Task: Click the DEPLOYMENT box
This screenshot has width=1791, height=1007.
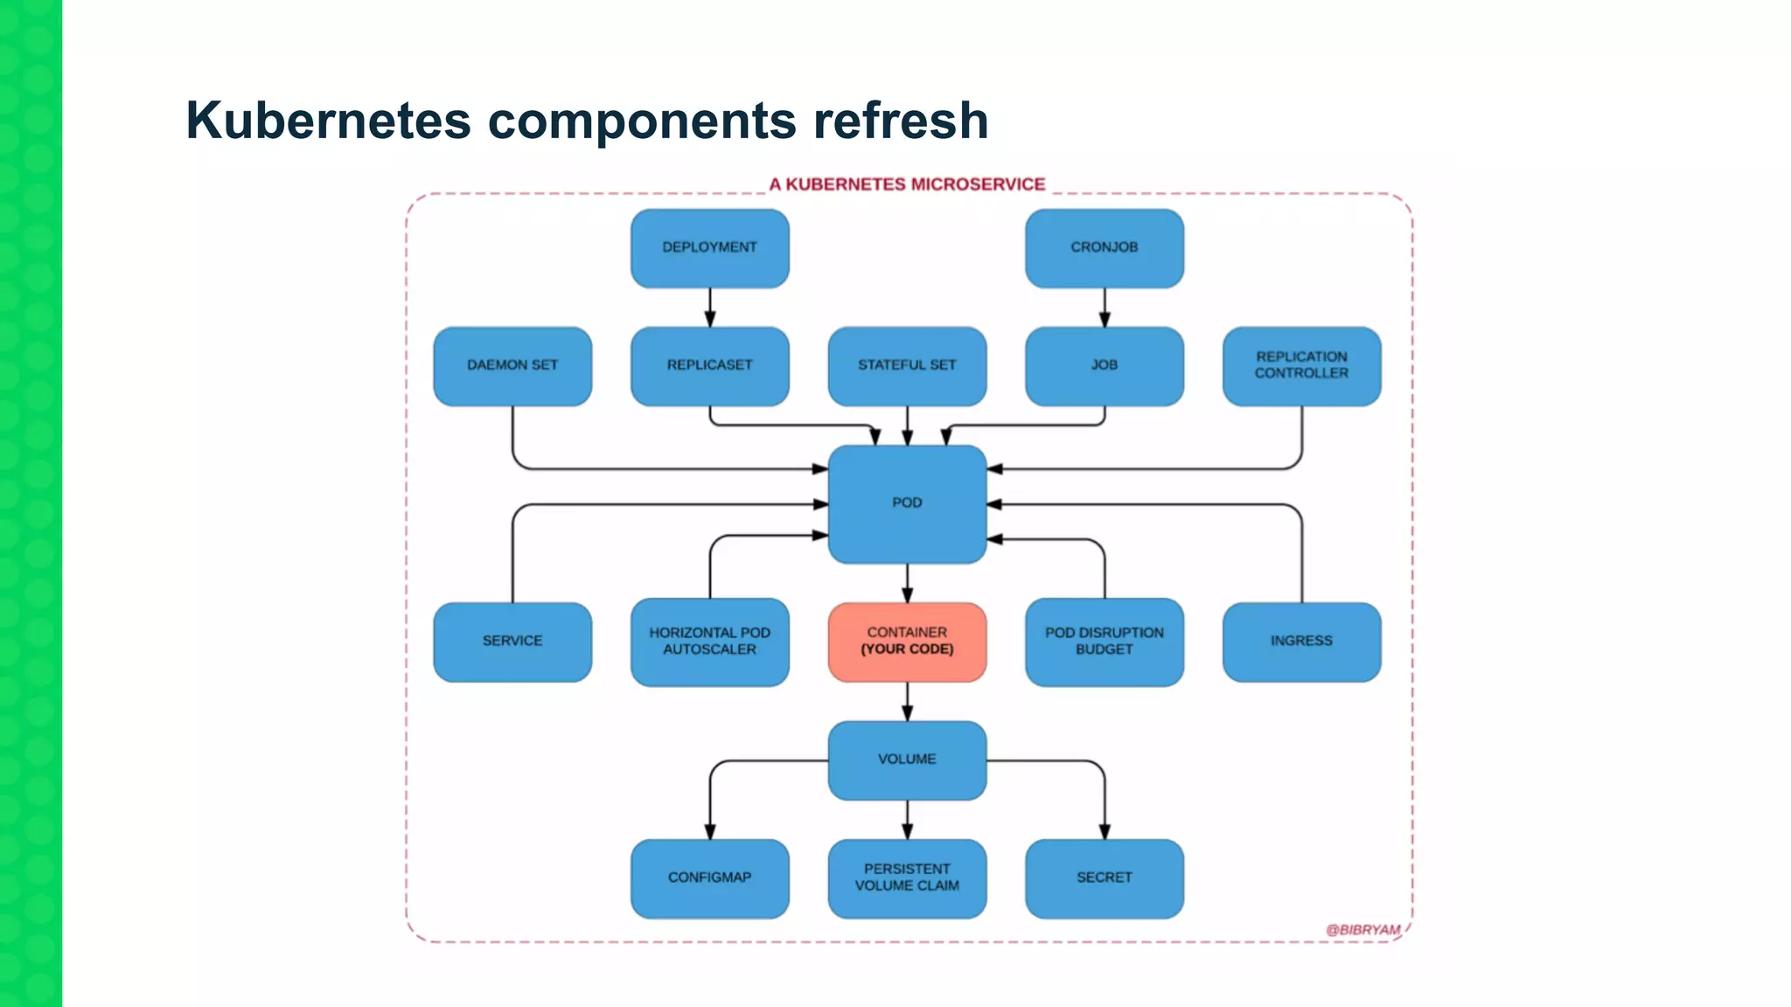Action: point(709,248)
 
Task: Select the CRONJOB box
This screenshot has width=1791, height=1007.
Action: point(1104,248)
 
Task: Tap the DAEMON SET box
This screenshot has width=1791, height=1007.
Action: point(512,366)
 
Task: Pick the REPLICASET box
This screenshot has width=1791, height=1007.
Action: point(709,366)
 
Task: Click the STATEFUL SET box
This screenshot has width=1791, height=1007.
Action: point(907,366)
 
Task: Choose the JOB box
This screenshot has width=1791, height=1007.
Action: point(1104,366)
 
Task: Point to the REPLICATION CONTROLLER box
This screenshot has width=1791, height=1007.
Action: point(1301,366)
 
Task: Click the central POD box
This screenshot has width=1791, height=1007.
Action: point(907,503)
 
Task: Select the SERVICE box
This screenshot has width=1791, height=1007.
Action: point(512,642)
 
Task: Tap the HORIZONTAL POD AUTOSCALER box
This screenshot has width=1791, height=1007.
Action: point(709,642)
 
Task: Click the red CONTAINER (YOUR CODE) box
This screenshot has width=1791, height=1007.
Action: point(907,642)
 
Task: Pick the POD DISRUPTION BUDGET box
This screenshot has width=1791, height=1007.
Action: point(1104,642)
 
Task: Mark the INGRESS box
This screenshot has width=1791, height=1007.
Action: point(1301,642)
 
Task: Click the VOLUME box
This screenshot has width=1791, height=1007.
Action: point(907,760)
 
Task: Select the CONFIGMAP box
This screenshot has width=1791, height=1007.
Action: point(709,879)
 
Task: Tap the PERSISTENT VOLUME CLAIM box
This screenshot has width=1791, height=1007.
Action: point(907,879)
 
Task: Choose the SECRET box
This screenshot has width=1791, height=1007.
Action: point(1104,879)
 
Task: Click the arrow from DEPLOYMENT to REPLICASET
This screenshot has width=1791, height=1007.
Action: point(709,308)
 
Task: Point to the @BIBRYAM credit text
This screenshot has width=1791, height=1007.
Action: point(1362,930)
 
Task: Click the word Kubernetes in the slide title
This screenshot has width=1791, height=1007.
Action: point(328,121)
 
